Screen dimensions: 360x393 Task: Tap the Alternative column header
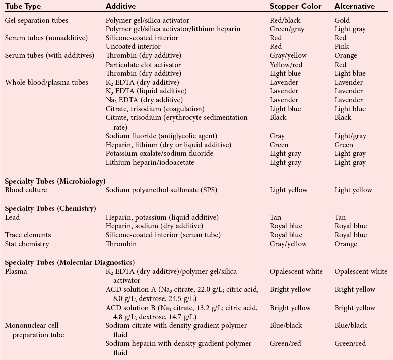click(x=355, y=6)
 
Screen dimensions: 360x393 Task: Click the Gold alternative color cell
click(x=342, y=20)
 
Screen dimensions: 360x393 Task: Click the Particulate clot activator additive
click(x=143, y=65)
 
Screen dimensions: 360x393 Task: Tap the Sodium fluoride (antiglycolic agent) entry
click(x=154, y=136)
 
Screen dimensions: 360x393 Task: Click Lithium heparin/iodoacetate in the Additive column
click(x=150, y=162)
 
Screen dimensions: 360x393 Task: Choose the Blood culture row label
click(x=26, y=190)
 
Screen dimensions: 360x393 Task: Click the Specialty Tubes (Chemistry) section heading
click(x=50, y=208)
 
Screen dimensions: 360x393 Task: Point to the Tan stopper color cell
click(x=276, y=217)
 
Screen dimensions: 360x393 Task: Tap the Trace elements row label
click(x=28, y=235)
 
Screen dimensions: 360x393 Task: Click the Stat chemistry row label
click(x=27, y=244)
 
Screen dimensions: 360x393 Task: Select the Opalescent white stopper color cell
click(x=296, y=271)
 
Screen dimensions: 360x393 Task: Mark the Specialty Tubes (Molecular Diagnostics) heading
click(x=70, y=262)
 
